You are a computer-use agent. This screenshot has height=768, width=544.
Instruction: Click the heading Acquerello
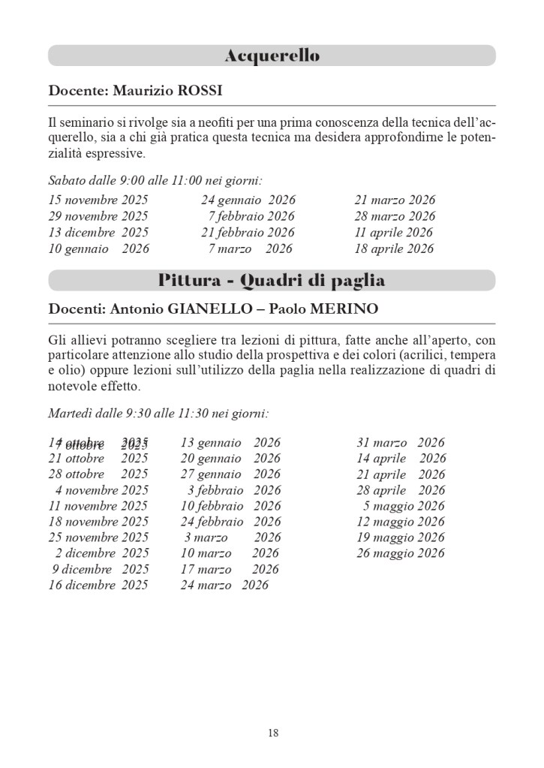(x=272, y=56)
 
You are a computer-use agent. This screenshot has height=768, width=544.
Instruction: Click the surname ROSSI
(x=200, y=91)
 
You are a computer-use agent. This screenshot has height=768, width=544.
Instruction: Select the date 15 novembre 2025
(x=98, y=200)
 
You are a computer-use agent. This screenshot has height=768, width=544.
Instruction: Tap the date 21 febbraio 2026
(x=248, y=233)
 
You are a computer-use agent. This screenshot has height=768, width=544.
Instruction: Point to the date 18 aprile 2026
(x=394, y=248)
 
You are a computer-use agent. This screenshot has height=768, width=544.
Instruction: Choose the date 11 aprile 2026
(x=394, y=233)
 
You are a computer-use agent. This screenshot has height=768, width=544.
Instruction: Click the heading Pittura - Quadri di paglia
(x=272, y=281)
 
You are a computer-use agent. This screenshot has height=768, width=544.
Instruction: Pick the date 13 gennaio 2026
(x=230, y=443)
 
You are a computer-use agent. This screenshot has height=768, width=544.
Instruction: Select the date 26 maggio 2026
(x=401, y=553)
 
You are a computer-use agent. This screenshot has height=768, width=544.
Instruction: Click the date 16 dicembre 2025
(x=98, y=585)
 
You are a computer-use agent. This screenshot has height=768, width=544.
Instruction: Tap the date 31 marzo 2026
(x=401, y=443)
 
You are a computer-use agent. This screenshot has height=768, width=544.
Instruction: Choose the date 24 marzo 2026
(x=224, y=585)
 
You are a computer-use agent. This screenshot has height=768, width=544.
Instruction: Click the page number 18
(x=272, y=733)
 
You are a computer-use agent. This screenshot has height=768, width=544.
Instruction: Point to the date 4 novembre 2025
(x=101, y=490)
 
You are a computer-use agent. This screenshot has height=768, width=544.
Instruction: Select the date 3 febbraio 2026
(x=234, y=490)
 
